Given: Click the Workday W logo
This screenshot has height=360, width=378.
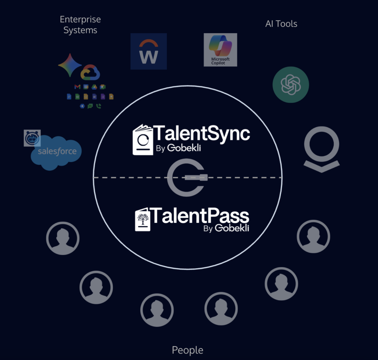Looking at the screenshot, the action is coord(148,51).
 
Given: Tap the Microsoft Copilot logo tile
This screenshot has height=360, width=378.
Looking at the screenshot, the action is coord(220,50).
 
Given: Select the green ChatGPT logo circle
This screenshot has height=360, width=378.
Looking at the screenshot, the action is coord(291,84).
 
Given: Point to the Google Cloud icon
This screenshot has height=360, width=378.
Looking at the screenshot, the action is coord(90,72).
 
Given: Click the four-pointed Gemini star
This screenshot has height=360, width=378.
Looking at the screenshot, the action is coord(70,65).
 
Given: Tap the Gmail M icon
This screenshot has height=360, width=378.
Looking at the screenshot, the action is coord(78,87).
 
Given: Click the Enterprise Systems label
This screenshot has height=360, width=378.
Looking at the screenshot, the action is coord(80,25).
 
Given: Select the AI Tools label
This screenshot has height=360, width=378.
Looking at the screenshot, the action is coord(281,24).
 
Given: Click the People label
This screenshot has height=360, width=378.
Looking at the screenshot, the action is coord(188,350).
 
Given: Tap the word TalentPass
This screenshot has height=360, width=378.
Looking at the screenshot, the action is coord(199,215).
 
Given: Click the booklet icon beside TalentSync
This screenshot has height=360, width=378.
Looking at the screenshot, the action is coord(143,140).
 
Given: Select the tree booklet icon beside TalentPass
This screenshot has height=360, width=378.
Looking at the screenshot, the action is coord(142,219).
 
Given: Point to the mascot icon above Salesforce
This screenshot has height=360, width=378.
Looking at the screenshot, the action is coord(32,138).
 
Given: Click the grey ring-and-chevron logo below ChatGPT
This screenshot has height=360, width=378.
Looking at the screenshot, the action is coord(322,149).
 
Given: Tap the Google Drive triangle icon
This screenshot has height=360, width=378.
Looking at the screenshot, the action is coord(94,87).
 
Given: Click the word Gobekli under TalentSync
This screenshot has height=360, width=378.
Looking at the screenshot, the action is coord(184,148).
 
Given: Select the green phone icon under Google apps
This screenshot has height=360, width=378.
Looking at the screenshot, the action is coord(99,106).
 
